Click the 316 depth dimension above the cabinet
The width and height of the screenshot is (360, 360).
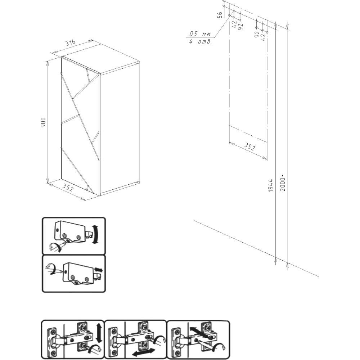[x=70, y=43]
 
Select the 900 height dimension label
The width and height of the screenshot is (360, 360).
[x=43, y=122]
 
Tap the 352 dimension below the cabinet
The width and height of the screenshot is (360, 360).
[x=68, y=188]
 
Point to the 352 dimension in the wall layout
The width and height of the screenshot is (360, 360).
[x=249, y=147]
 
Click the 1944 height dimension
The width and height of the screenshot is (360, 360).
[x=271, y=185]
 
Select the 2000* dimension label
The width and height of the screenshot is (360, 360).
[x=283, y=183]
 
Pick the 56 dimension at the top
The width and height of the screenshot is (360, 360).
[x=220, y=15]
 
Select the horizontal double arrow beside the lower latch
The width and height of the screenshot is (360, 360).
[x=99, y=270]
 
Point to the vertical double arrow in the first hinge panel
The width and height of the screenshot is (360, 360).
[x=99, y=333]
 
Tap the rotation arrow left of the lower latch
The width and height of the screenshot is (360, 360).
[x=51, y=269]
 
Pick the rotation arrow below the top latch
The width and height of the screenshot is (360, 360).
[x=55, y=248]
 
